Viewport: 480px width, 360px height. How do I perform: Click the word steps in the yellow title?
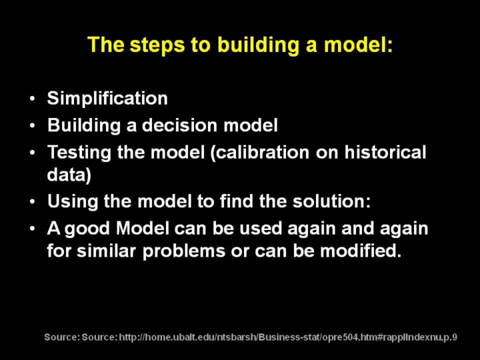[x=157, y=45]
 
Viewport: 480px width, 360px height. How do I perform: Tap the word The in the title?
[x=105, y=45]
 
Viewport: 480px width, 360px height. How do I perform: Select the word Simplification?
[x=107, y=99]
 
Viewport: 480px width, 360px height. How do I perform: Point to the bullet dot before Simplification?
[x=33, y=99]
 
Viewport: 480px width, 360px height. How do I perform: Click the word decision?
[x=179, y=125]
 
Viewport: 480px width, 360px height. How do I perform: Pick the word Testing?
[x=79, y=152]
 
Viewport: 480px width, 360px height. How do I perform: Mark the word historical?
[x=385, y=152]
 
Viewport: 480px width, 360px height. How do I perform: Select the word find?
[x=237, y=201]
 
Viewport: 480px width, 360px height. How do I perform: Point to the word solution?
[x=331, y=201]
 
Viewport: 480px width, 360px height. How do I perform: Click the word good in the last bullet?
[x=87, y=229]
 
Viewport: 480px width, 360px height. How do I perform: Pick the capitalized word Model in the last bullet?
[x=143, y=229]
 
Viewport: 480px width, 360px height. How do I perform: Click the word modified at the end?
[x=361, y=251]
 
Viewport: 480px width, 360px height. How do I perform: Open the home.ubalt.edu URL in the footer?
[x=288, y=337]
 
